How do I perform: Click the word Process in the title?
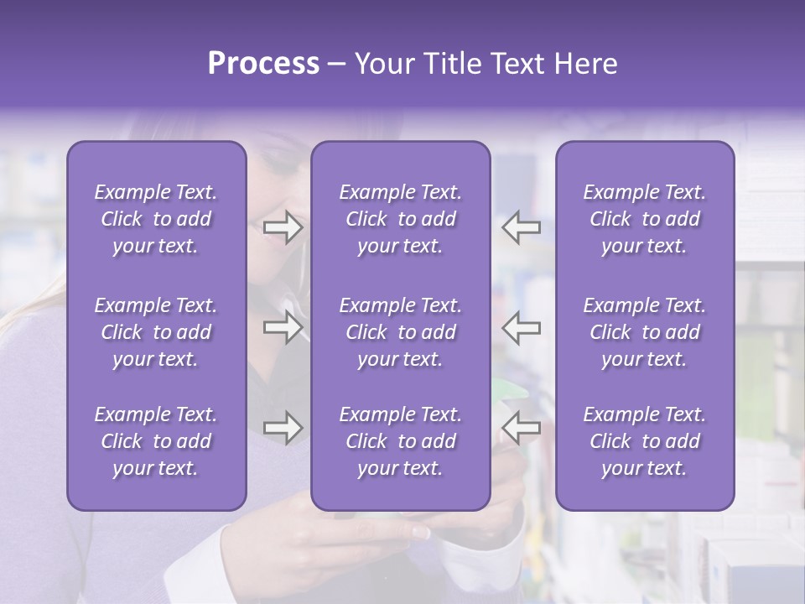pyautogui.click(x=263, y=64)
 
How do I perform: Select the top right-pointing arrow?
pyautogui.click(x=283, y=227)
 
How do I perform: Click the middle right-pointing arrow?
pyautogui.click(x=283, y=327)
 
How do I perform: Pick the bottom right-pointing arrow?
pyautogui.click(x=283, y=428)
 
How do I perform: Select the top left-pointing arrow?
pyautogui.click(x=522, y=227)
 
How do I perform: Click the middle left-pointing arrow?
pyautogui.click(x=522, y=327)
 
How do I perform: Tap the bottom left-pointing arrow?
pyautogui.click(x=522, y=428)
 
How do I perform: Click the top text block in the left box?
pyautogui.click(x=156, y=219)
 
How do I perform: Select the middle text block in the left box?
pyautogui.click(x=156, y=332)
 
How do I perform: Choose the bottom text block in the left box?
pyautogui.click(x=156, y=441)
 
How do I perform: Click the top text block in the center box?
pyautogui.click(x=400, y=219)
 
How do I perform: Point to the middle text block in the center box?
pyautogui.click(x=400, y=332)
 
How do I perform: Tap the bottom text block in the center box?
pyautogui.click(x=400, y=441)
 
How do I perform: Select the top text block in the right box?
pyautogui.click(x=644, y=219)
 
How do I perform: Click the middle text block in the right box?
pyautogui.click(x=644, y=332)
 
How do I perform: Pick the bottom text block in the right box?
pyautogui.click(x=644, y=441)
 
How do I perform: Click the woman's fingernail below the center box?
pyautogui.click(x=419, y=532)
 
